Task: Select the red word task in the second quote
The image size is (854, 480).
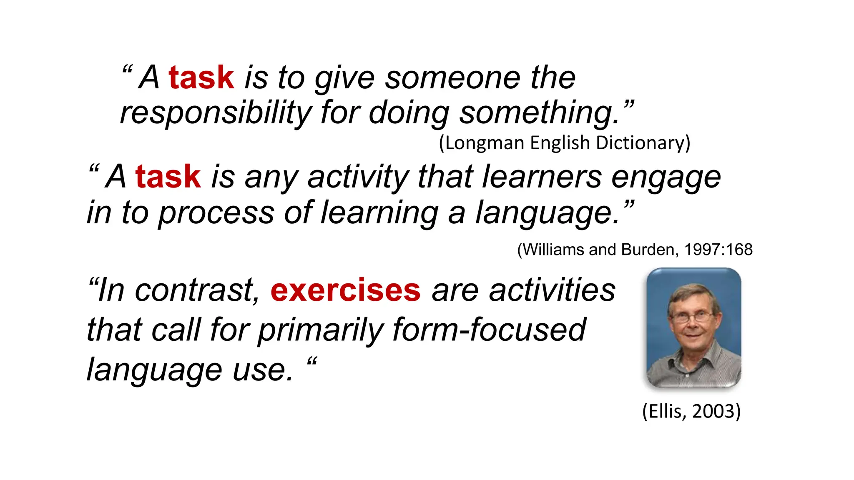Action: click(168, 177)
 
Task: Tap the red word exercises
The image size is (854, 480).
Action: click(345, 290)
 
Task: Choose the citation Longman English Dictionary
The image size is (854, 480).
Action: click(565, 143)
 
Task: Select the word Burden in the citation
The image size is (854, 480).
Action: click(647, 250)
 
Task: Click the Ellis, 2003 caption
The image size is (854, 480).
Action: click(691, 411)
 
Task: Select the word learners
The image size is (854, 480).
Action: click(542, 177)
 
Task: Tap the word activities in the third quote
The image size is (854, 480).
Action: click(552, 290)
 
